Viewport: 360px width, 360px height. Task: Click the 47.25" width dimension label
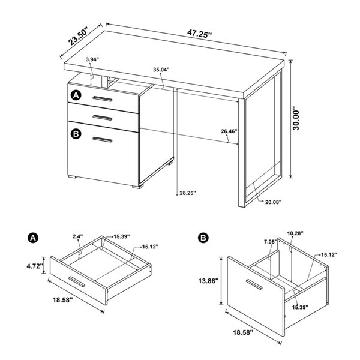point(199,34)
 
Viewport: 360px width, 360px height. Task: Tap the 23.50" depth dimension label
point(78,36)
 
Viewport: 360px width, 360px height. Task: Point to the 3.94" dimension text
point(92,59)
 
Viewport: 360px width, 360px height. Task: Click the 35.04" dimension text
point(161,70)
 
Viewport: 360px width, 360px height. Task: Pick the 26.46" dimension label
point(229,131)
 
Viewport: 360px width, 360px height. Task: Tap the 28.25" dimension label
point(188,193)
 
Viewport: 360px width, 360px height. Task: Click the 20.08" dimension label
point(274,202)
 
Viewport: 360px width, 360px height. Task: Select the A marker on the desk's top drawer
point(76,95)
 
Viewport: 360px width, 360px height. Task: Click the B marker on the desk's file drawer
point(76,134)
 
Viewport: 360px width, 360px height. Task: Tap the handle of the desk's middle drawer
point(103,118)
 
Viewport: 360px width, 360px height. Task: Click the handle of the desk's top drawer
point(103,99)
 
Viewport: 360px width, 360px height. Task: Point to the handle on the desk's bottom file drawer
point(103,140)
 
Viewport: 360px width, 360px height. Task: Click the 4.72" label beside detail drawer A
point(35,266)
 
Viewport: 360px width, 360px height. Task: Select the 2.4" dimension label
point(77,236)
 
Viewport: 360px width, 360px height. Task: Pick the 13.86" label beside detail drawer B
point(208,281)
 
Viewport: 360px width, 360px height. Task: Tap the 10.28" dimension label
point(295,233)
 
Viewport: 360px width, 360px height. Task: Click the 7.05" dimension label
point(271,241)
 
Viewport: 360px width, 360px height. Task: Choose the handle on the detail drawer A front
point(77,281)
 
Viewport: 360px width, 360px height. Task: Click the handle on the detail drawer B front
point(254,284)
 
